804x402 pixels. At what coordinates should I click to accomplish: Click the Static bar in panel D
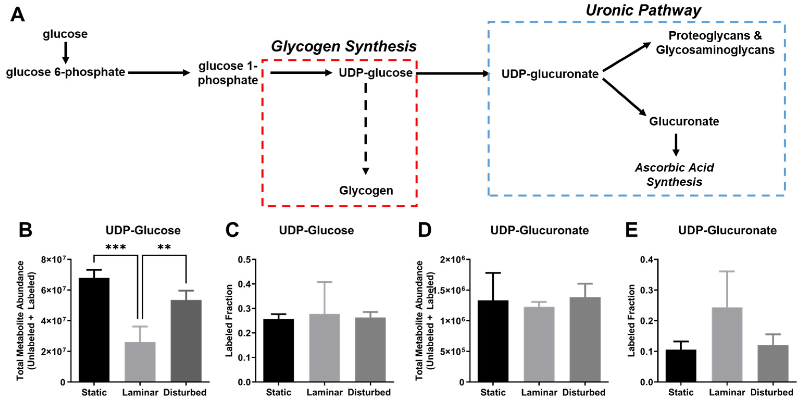pos(493,341)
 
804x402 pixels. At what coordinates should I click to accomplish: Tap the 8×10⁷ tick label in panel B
pos(55,260)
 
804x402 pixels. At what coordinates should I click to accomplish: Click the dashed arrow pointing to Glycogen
pos(366,128)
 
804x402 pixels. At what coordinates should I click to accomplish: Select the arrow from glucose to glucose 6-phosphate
pos(65,52)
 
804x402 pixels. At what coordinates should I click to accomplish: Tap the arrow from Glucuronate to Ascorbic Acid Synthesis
pos(676,145)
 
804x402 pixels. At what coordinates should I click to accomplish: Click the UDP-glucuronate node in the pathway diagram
pos(550,74)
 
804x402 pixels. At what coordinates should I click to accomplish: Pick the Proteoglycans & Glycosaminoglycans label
pos(715,43)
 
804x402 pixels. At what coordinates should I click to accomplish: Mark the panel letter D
pos(424,231)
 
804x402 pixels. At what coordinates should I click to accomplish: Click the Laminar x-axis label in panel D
pos(539,392)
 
